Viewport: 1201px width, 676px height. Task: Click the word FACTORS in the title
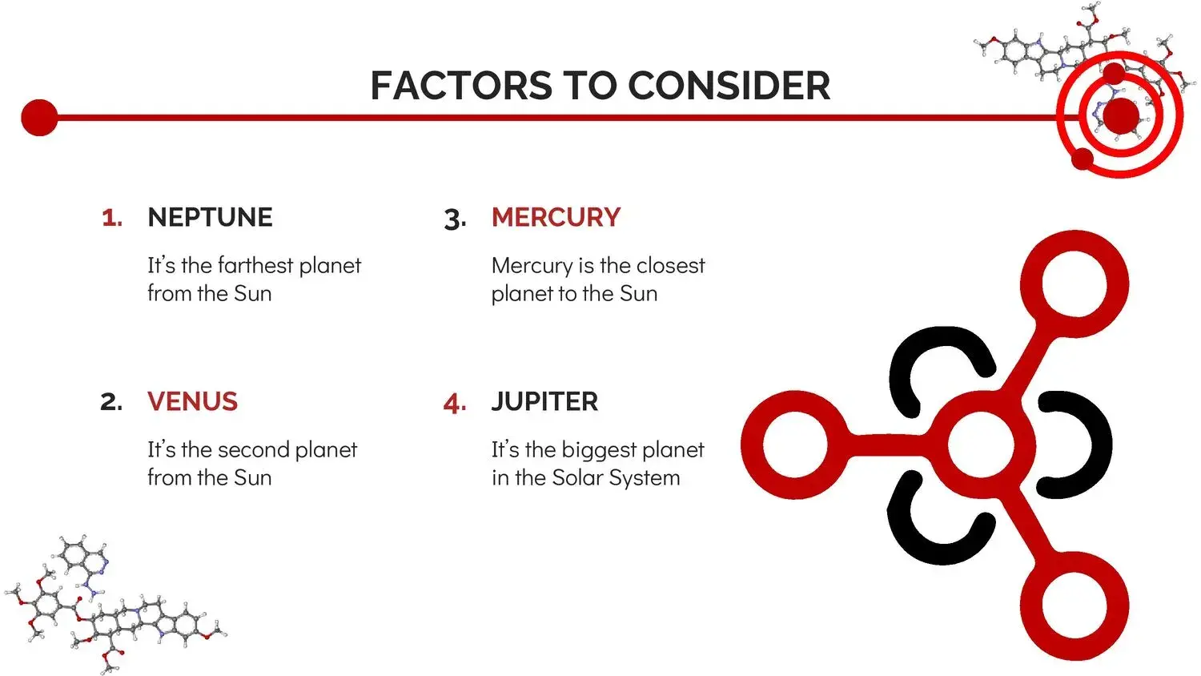coord(461,86)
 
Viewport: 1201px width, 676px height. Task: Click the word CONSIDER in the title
coord(729,86)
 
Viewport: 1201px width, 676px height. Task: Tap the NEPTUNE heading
coord(210,217)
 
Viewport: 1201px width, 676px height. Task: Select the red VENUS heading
coord(192,401)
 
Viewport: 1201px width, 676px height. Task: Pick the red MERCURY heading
coord(556,217)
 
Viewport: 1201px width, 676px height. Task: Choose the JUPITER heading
coord(544,401)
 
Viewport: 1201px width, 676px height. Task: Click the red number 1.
coord(112,218)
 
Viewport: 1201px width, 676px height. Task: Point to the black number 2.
coord(111,402)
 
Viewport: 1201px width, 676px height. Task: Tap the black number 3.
coord(456,219)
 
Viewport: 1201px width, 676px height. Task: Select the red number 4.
coord(456,403)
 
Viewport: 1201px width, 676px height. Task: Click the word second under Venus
coord(253,449)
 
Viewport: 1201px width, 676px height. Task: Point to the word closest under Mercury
coord(670,265)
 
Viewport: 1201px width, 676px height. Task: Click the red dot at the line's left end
coord(40,118)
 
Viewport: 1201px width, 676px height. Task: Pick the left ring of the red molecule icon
coord(751,445)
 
